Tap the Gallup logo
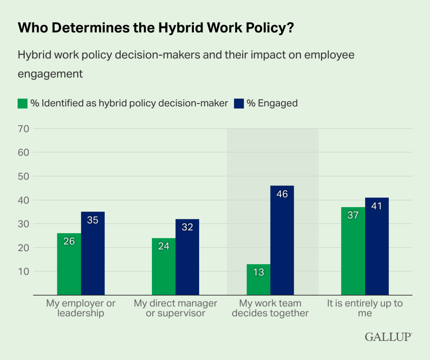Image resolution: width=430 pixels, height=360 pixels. [388, 337]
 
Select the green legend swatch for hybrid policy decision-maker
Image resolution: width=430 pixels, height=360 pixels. [22, 104]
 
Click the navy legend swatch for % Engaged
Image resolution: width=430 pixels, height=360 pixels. [239, 104]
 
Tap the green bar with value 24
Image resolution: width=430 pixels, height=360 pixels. [164, 267]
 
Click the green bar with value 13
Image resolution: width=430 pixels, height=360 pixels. [258, 280]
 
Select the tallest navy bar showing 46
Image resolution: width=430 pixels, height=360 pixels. [282, 240]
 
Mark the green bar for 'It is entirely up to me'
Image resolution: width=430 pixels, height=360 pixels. [353, 251]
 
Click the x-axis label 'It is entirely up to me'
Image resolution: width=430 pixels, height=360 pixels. [365, 308]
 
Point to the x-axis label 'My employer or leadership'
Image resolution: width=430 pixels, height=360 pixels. [81, 308]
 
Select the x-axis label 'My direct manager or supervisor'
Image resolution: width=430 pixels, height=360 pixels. [176, 308]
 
